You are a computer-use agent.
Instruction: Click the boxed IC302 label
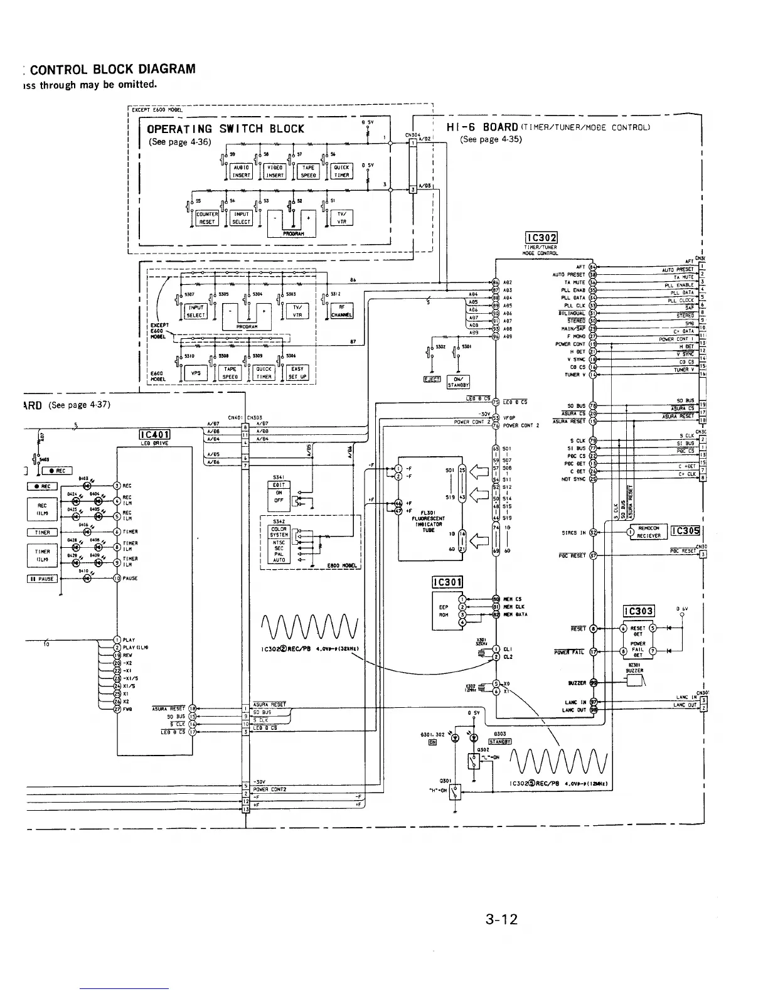pyautogui.click(x=541, y=238)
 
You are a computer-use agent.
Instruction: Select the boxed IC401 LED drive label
pyautogui.click(x=152, y=435)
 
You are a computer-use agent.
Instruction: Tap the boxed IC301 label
pyautogui.click(x=447, y=582)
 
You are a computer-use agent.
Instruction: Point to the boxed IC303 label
pyautogui.click(x=638, y=611)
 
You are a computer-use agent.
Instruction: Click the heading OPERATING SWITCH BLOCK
pyautogui.click(x=225, y=129)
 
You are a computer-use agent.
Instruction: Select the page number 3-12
pyautogui.click(x=501, y=920)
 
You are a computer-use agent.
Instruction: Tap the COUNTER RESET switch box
pyautogui.click(x=207, y=218)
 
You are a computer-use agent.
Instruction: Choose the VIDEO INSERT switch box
pyautogui.click(x=275, y=171)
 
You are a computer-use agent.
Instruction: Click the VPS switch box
pyautogui.click(x=195, y=373)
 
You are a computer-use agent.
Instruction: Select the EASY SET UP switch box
pyautogui.click(x=297, y=373)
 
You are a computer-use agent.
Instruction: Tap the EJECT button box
pyautogui.click(x=433, y=379)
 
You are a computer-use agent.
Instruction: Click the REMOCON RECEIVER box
pyautogui.click(x=649, y=532)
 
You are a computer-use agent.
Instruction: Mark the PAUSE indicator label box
pyautogui.click(x=42, y=579)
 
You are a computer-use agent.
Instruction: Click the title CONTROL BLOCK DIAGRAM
pyautogui.click(x=113, y=69)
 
